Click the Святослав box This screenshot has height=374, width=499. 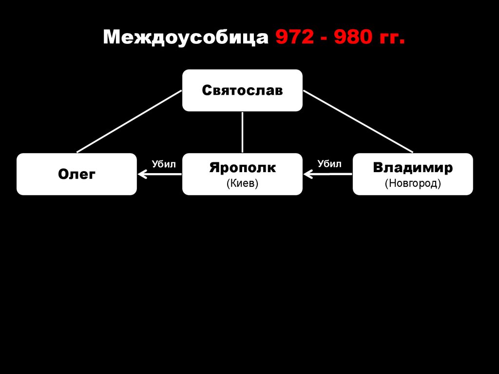pyautogui.click(x=242, y=90)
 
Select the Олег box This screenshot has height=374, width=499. pyautogui.click(x=77, y=174)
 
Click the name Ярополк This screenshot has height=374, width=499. pyautogui.click(x=242, y=168)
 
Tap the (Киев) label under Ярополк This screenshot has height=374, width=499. pyautogui.click(x=242, y=184)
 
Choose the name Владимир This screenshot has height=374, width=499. pyautogui.click(x=412, y=168)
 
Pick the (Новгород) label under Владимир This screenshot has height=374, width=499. pyautogui.click(x=412, y=184)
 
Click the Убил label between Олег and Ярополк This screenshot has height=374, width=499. pyautogui.click(x=163, y=164)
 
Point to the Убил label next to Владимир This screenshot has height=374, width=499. pyautogui.click(x=329, y=164)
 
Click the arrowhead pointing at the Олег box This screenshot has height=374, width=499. pyautogui.click(x=141, y=174)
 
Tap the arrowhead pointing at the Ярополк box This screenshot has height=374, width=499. pyautogui.click(x=307, y=174)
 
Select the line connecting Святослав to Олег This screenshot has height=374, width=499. pyautogui.click(x=129, y=121)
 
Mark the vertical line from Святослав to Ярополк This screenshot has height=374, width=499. pyautogui.click(x=242, y=132)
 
